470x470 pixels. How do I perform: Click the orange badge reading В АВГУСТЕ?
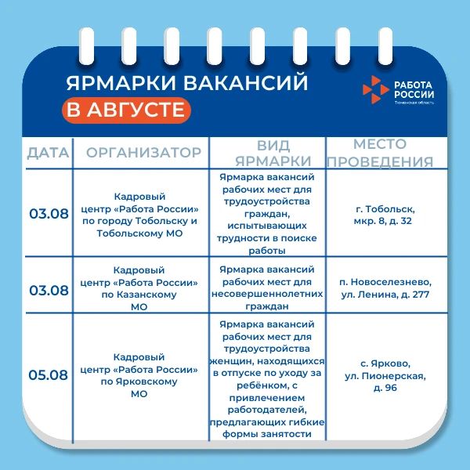pyautogui.click(x=126, y=110)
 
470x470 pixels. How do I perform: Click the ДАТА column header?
pyautogui.click(x=48, y=153)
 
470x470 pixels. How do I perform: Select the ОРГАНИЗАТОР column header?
pyautogui.click(x=143, y=153)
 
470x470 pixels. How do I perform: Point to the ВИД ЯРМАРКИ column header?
pyautogui.click(x=273, y=154)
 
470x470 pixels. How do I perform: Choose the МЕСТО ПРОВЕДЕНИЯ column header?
pyautogui.click(x=380, y=153)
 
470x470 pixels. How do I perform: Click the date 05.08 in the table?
pyautogui.click(x=49, y=375)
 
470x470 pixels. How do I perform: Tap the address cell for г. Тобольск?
pyautogui.click(x=385, y=215)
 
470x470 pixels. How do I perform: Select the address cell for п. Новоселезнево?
pyautogui.click(x=385, y=288)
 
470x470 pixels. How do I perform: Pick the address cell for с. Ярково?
pyautogui.click(x=385, y=375)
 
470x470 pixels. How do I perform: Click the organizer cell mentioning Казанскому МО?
pyautogui.click(x=139, y=288)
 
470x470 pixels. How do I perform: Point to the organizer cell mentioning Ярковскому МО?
pyautogui.click(x=139, y=375)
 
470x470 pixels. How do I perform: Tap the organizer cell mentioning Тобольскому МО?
pyautogui.click(x=139, y=215)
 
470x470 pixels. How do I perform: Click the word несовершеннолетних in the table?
pyautogui.click(x=267, y=294)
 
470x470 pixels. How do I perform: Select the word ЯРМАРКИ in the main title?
pyautogui.click(x=121, y=83)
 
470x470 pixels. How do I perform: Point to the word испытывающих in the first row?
pyautogui.click(x=267, y=226)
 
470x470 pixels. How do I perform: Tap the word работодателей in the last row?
pyautogui.click(x=267, y=410)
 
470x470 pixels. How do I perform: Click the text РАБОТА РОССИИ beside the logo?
pyautogui.click(x=414, y=89)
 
